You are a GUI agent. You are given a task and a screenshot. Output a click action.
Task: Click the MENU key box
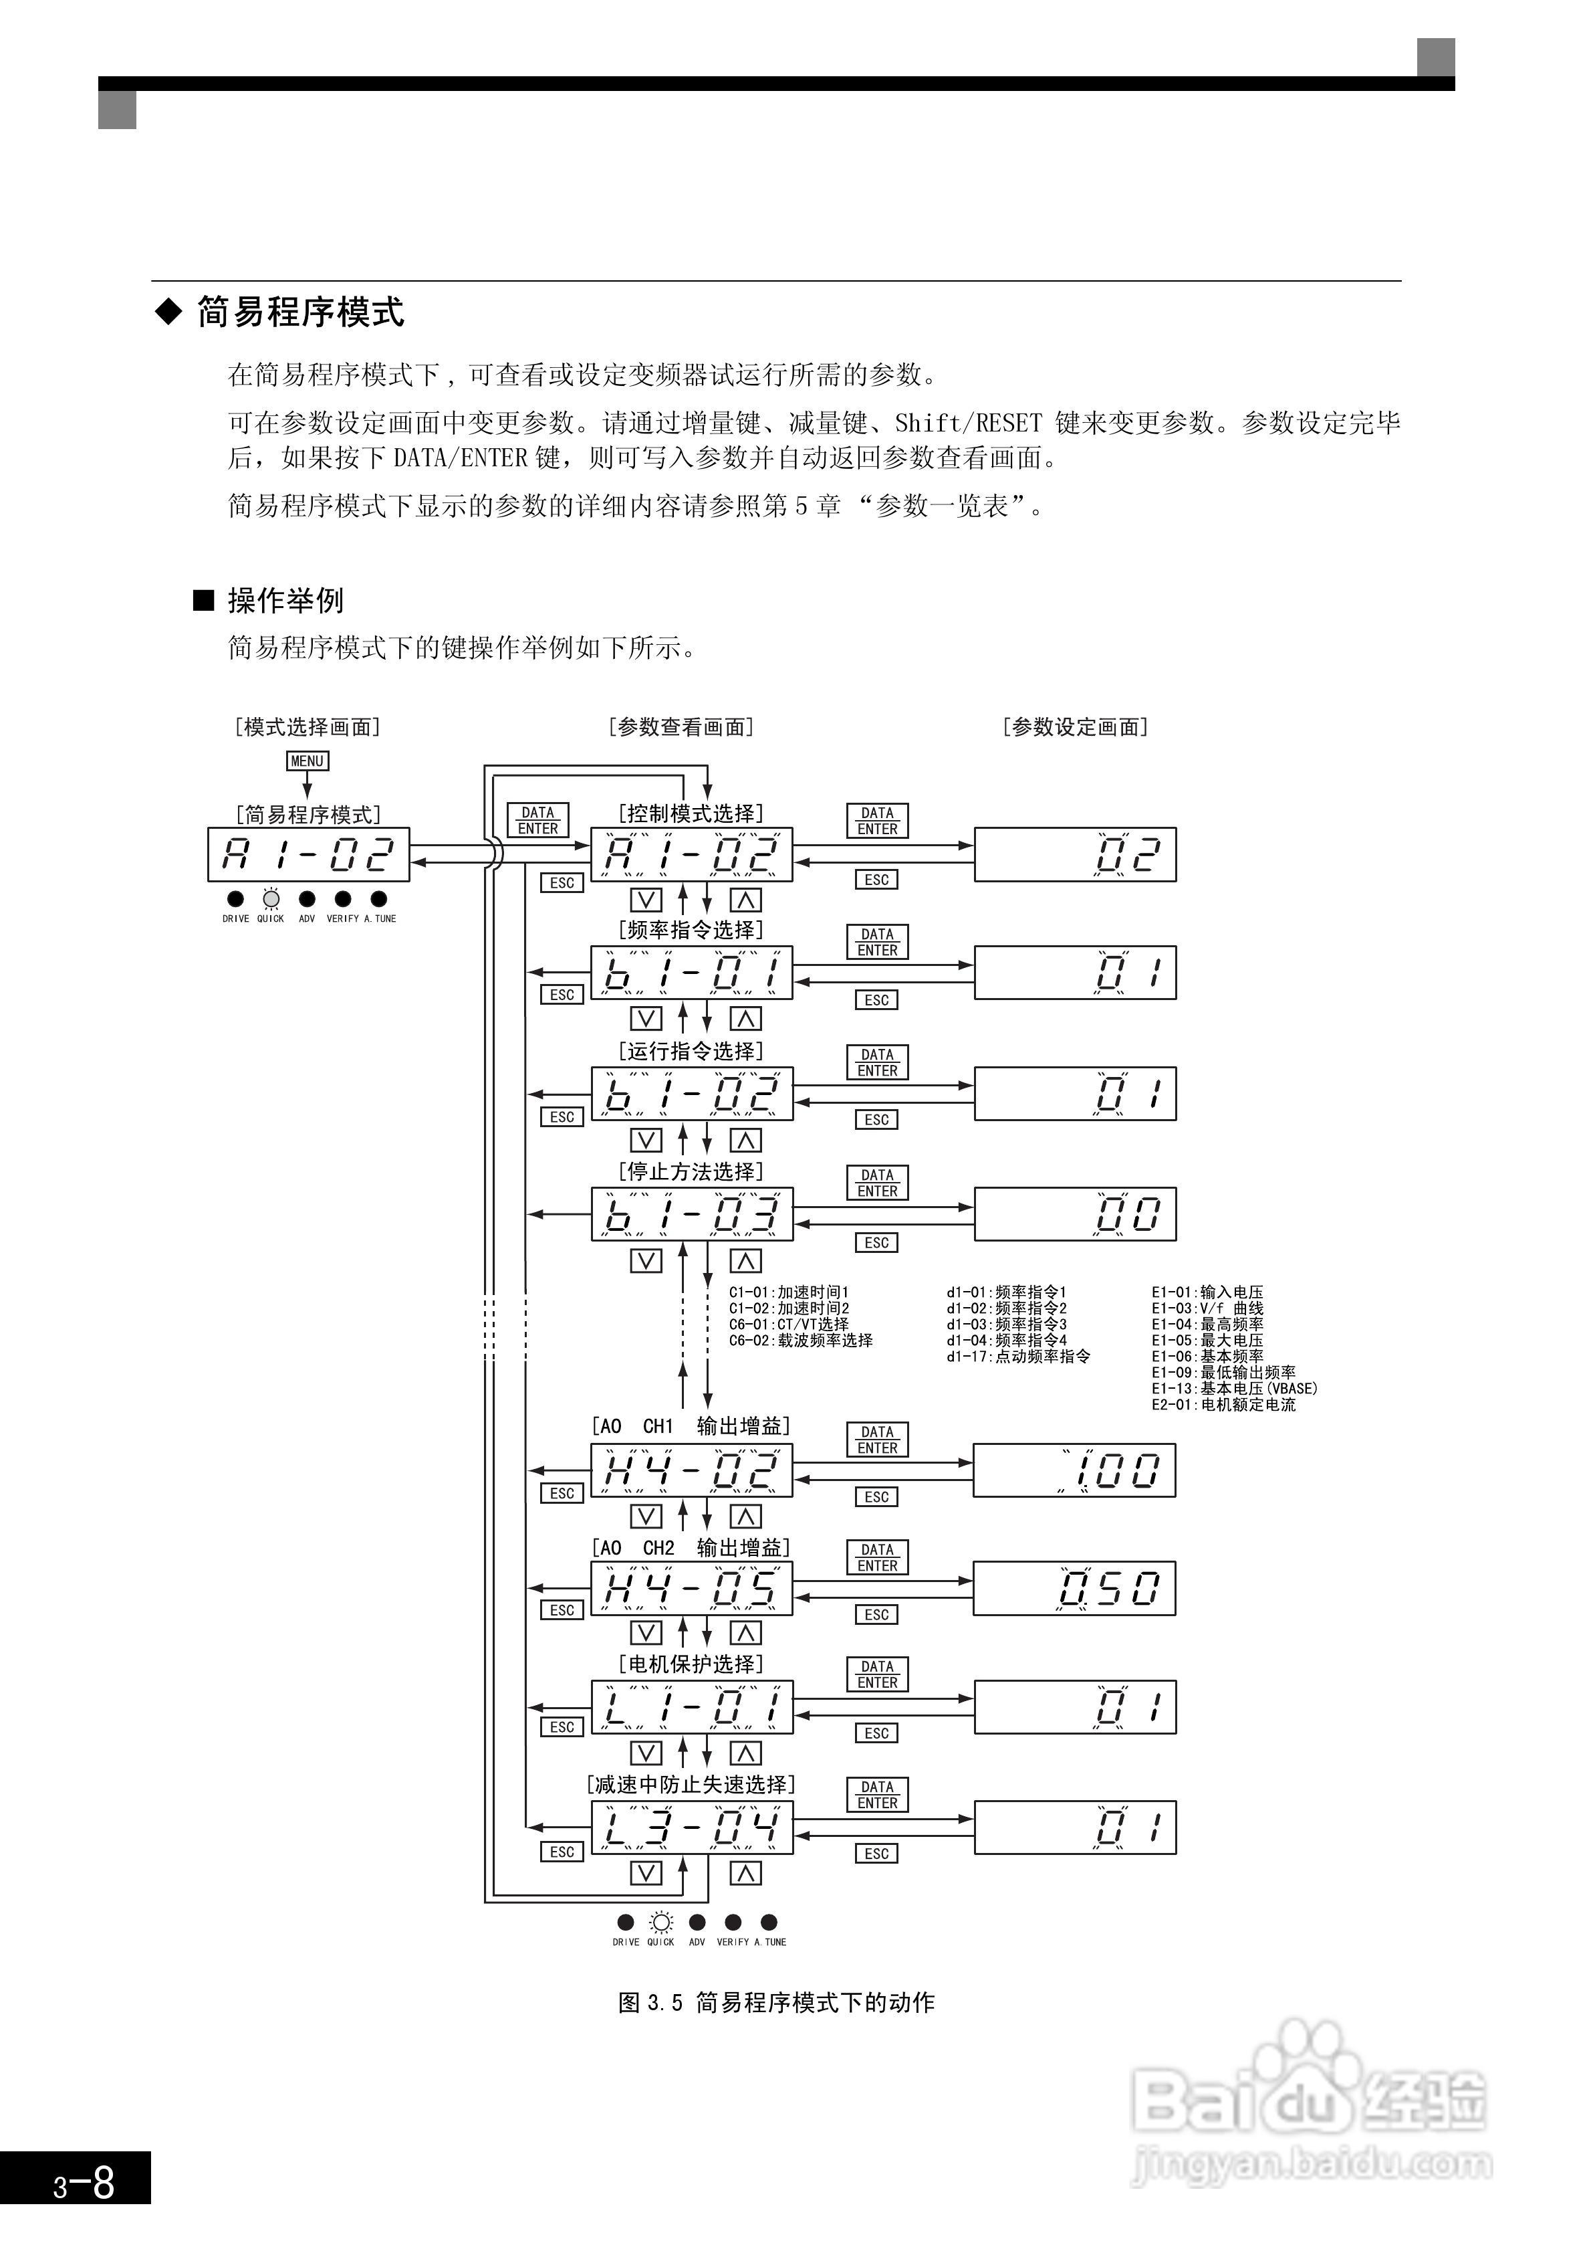coord(307,761)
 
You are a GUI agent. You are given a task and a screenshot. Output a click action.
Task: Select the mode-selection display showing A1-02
coord(308,854)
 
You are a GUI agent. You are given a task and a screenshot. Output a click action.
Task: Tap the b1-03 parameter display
coord(691,1214)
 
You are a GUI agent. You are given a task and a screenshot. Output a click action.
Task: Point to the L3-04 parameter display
coord(691,1826)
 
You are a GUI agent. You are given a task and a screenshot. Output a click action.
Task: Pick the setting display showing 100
coord(1074,1470)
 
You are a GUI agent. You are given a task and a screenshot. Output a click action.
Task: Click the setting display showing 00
coord(1075,1214)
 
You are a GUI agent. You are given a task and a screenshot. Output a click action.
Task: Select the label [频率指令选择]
coord(691,929)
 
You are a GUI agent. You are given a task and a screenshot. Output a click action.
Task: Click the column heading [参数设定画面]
coord(1075,727)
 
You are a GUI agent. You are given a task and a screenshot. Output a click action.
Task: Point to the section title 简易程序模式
coord(300,312)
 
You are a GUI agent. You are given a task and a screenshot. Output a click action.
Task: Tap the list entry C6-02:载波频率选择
coord(800,1341)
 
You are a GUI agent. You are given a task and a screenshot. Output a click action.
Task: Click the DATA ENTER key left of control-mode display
coord(537,820)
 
